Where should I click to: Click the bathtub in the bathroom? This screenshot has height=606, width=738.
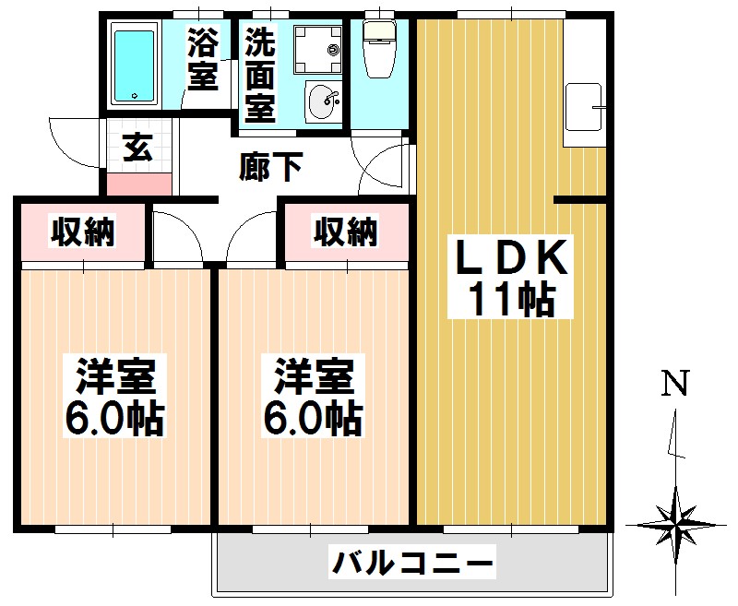click(136, 65)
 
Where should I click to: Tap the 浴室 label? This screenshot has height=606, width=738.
click(203, 59)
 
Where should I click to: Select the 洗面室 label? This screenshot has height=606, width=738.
click(260, 75)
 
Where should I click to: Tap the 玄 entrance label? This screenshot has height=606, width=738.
click(137, 148)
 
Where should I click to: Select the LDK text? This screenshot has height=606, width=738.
click(506, 257)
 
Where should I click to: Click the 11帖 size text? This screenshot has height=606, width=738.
click(510, 300)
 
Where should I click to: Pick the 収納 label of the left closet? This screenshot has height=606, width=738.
click(82, 232)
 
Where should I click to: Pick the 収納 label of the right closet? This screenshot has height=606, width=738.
click(346, 232)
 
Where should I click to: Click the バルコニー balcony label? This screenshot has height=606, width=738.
click(413, 562)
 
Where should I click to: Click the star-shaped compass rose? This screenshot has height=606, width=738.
click(679, 525)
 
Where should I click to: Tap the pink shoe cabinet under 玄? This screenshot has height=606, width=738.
click(138, 183)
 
